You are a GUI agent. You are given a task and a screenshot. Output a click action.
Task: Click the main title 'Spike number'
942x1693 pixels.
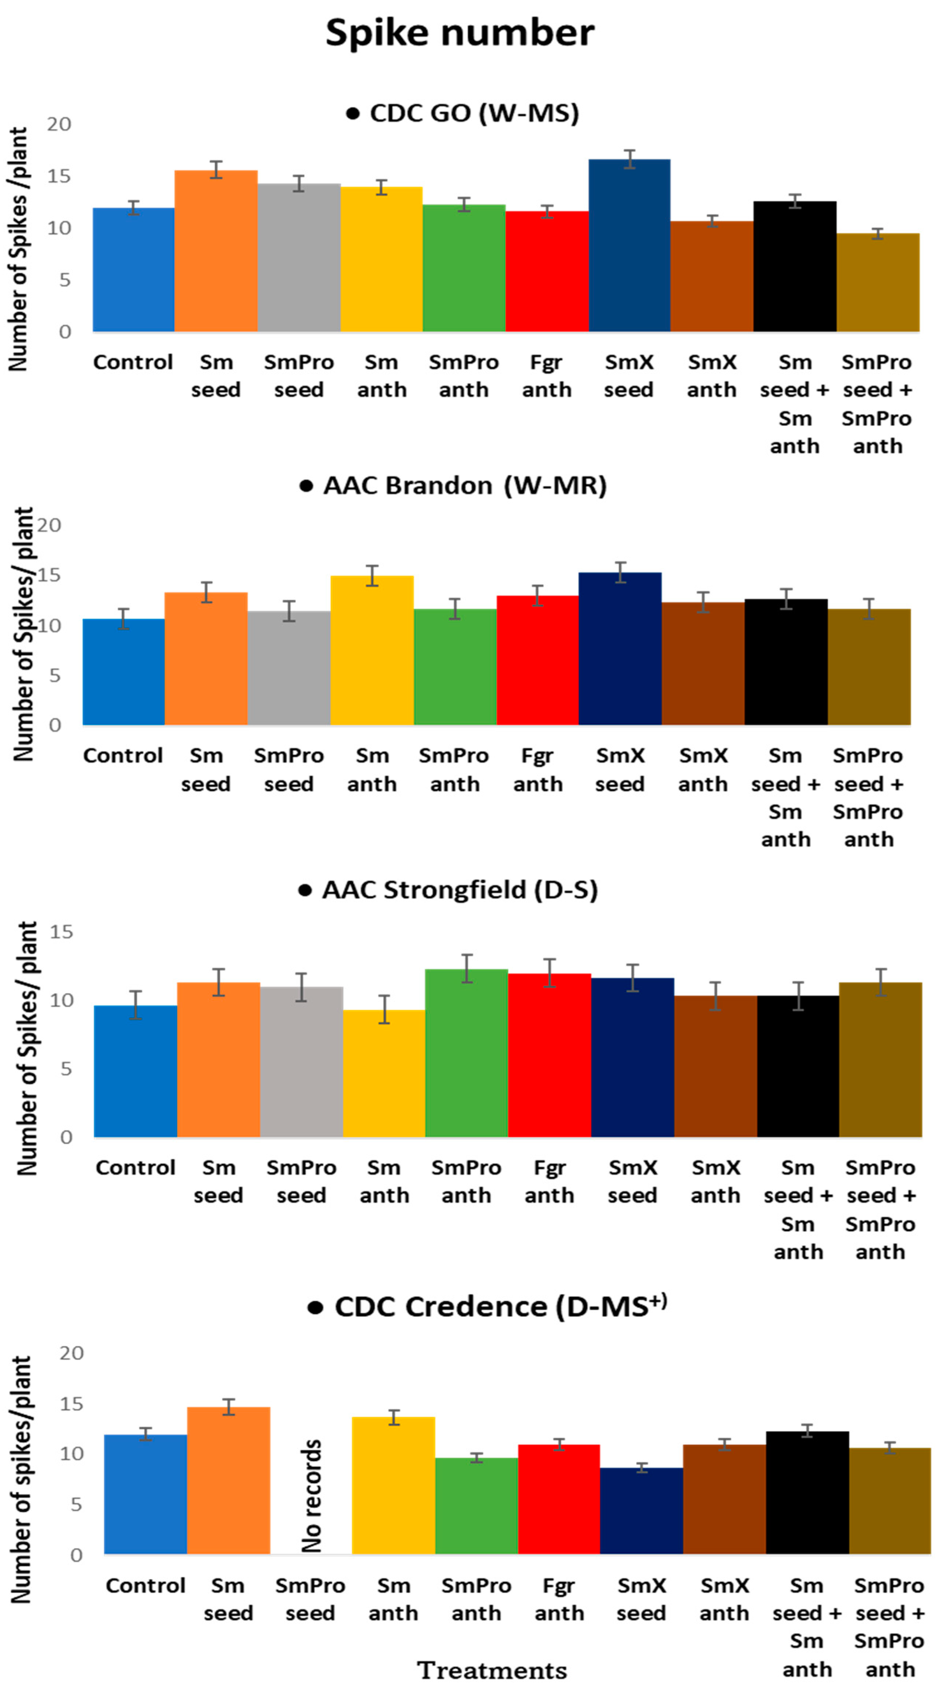coord(460,33)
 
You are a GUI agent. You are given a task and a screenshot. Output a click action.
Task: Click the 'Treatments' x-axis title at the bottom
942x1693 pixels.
coord(492,1670)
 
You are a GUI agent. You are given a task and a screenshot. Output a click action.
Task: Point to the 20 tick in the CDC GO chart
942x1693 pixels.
coord(59,124)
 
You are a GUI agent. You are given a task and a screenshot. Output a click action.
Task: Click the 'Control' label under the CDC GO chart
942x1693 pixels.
coord(133,362)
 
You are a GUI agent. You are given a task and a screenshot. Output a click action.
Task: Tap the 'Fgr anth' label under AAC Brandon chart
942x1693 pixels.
coord(538,770)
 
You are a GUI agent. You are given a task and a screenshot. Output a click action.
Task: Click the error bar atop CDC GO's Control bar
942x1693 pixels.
coord(133,208)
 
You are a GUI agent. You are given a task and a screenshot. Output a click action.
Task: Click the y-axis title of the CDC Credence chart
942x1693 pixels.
coord(21,1479)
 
